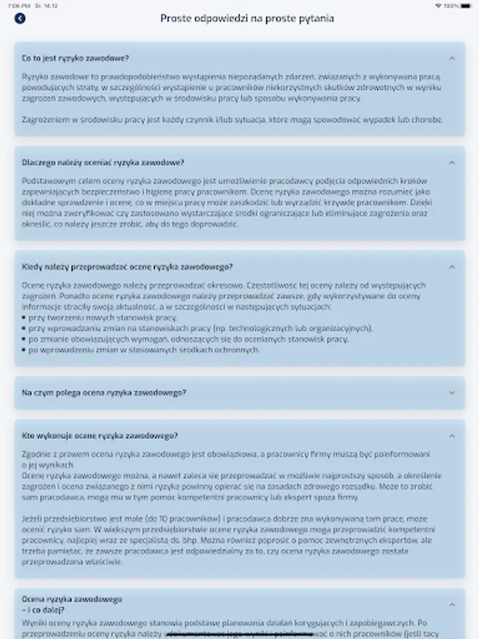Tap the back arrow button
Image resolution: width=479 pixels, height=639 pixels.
click(19, 18)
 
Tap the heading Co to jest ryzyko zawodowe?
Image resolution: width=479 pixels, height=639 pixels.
click(75, 58)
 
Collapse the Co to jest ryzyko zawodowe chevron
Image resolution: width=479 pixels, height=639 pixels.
click(452, 58)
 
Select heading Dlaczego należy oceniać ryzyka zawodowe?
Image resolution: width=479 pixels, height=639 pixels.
click(103, 163)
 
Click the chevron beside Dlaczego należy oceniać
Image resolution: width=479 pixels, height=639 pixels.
click(452, 163)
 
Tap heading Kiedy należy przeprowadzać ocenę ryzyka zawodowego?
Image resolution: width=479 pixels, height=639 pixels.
click(127, 267)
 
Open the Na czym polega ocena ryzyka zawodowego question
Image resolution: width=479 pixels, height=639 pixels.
click(104, 393)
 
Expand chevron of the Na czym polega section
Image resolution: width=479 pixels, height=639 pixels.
click(452, 393)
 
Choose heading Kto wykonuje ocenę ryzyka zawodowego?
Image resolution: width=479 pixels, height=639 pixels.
click(100, 435)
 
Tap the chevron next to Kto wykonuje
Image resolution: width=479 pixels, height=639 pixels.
click(452, 435)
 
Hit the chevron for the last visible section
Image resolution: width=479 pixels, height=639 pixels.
click(452, 604)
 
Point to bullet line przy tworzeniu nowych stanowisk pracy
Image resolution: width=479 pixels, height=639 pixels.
click(103, 317)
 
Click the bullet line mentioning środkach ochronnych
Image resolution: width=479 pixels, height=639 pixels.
click(144, 350)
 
